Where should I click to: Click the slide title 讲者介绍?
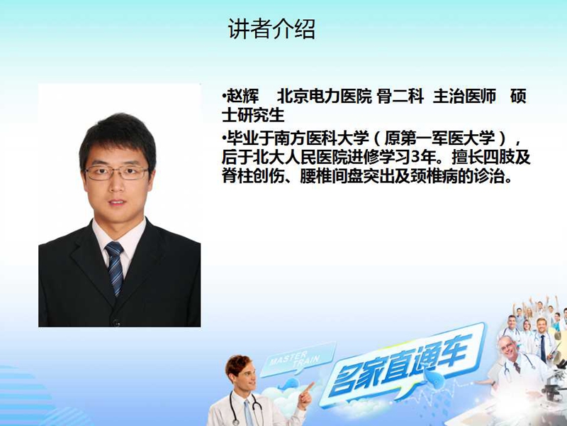[x=271, y=29]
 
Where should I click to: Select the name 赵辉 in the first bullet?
[x=243, y=97]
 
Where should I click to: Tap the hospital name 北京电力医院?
[x=325, y=97]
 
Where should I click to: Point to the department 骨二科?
[x=400, y=97]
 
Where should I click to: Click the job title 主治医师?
[x=465, y=97]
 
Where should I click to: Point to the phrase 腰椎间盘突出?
[x=347, y=177]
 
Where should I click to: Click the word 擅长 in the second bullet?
[x=467, y=158]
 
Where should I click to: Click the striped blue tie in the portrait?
[x=115, y=268]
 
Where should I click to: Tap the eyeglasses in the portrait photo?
[x=116, y=173]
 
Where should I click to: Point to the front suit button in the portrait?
[x=116, y=322]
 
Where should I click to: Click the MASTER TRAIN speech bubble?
[x=296, y=359]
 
